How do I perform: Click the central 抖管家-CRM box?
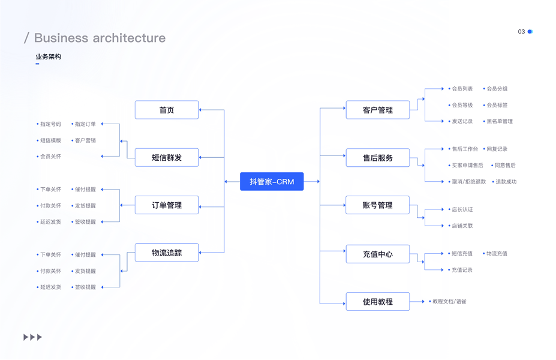(272, 181)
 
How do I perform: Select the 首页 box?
(167, 110)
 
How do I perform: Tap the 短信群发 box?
(167, 157)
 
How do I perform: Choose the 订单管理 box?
(167, 205)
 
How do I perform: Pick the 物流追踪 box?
(167, 253)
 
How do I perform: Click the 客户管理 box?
(378, 110)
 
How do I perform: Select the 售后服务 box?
(378, 158)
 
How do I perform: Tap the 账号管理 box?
(378, 205)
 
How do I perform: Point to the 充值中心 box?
(378, 254)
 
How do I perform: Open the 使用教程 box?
(378, 301)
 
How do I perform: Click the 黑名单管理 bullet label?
(500, 121)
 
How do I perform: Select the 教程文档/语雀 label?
(449, 301)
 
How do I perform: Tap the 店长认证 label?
(462, 209)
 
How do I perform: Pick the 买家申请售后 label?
(467, 165)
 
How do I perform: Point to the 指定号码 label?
(50, 124)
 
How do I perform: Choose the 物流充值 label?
(497, 253)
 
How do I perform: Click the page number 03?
(521, 32)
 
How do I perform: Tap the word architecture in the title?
(125, 38)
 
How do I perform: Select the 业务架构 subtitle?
(48, 56)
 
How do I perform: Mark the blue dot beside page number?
(530, 32)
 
